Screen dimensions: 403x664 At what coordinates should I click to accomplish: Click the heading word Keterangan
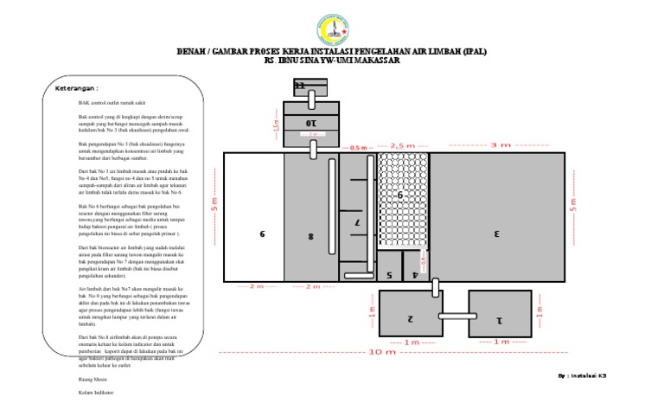77,88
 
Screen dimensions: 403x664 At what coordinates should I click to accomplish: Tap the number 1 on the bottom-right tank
499,319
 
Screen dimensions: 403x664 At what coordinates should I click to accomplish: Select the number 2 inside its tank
411,319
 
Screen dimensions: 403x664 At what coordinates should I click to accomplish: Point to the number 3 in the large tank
497,233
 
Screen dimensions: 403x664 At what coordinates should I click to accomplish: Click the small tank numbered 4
415,274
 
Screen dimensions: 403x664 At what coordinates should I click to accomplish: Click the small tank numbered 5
389,274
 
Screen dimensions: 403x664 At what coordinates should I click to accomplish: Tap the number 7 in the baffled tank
357,222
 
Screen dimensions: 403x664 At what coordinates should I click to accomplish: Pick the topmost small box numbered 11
301,86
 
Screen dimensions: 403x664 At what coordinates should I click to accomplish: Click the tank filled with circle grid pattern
403,197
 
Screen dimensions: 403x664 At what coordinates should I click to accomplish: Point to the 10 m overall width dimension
383,352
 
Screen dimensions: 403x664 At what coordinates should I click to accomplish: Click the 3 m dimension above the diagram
500,145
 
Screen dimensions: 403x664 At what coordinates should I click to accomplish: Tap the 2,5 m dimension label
404,145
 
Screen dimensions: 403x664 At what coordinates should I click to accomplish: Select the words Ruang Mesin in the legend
92,379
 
